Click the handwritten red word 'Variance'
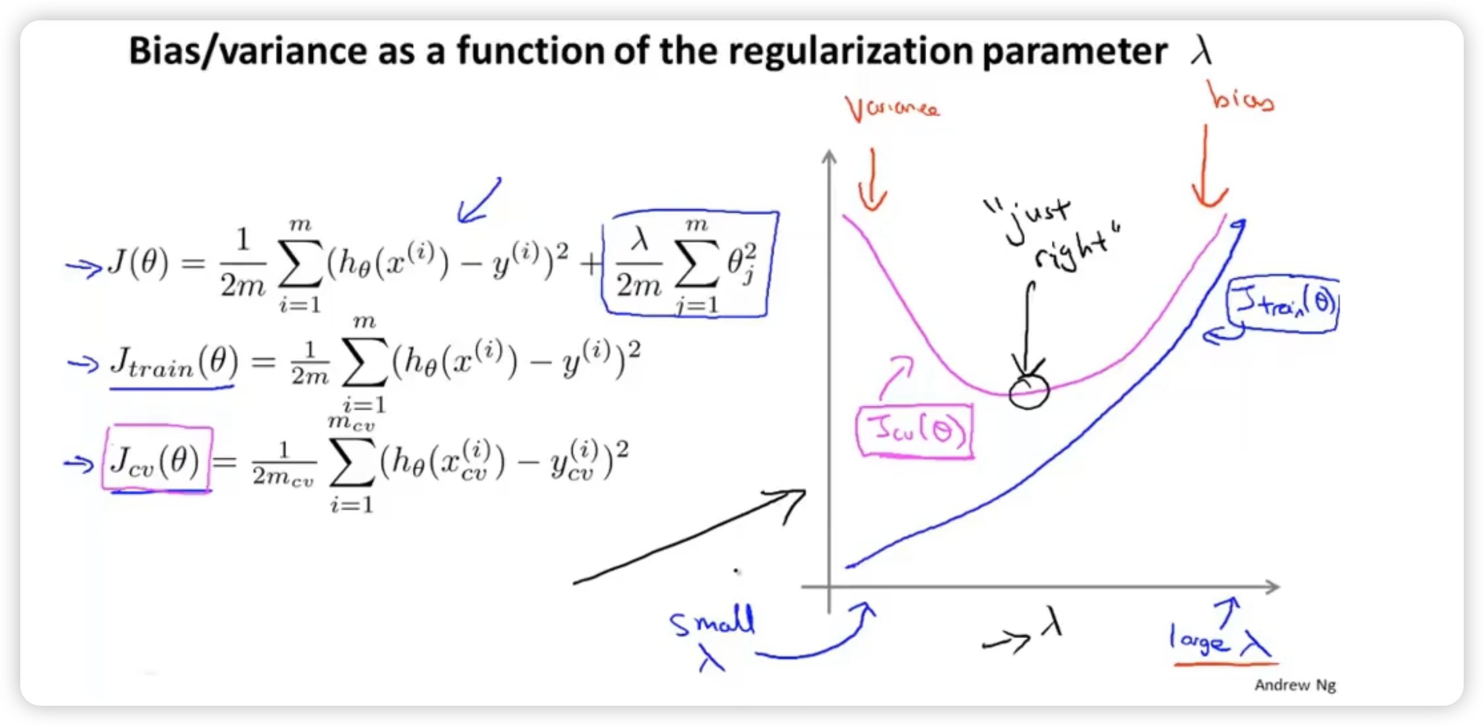(892, 108)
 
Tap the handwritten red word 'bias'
(1242, 96)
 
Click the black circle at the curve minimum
(1029, 391)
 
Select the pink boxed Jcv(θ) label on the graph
(915, 431)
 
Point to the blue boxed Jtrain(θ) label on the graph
(1283, 304)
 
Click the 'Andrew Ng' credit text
(1295, 684)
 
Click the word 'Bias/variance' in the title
(248, 51)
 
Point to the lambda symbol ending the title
(1202, 51)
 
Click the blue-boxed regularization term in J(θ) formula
(689, 264)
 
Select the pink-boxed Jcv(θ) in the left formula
(157, 459)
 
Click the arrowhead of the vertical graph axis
(829, 156)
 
